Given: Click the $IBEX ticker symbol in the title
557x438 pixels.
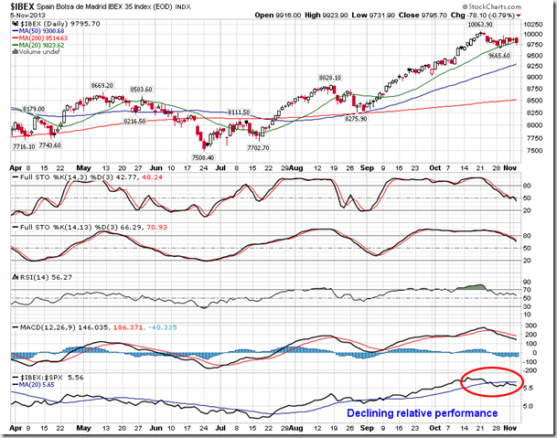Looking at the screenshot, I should pos(20,5).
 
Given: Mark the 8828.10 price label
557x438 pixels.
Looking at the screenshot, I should pos(330,79).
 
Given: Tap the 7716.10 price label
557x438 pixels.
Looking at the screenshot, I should pos(22,146).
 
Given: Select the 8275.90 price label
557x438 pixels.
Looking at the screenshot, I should pos(362,118).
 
